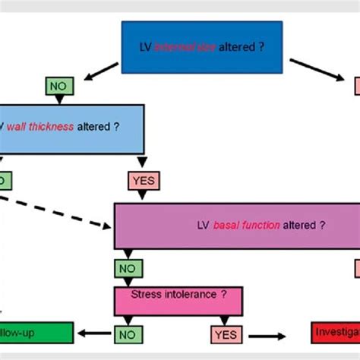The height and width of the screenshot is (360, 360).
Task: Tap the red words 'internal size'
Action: point(178,46)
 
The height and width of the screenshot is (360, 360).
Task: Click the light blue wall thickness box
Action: point(72,125)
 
